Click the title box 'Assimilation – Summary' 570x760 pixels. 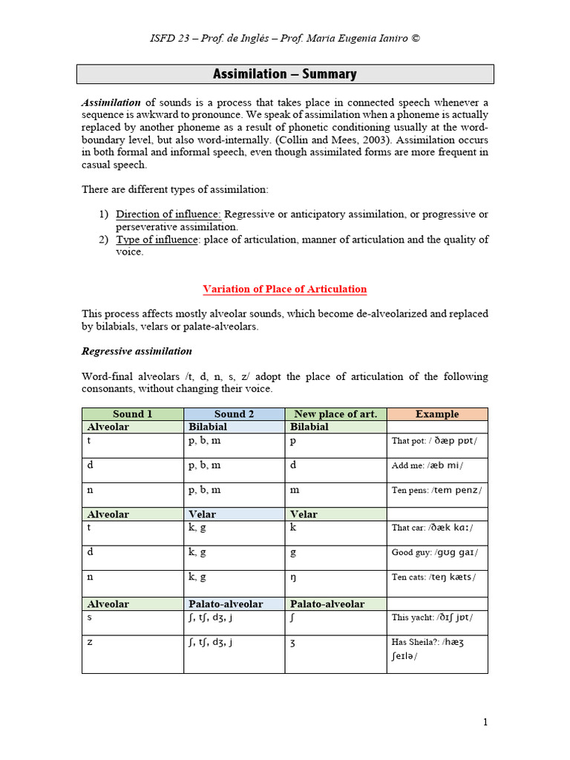click(x=285, y=74)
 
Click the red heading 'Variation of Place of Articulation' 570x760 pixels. click(x=285, y=289)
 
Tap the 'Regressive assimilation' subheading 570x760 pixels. click(x=137, y=351)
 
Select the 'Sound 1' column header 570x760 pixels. click(x=132, y=414)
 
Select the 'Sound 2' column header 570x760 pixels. click(x=234, y=414)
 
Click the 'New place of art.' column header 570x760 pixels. click(x=335, y=414)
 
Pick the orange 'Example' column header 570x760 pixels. click(x=437, y=414)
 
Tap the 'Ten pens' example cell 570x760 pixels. click(x=436, y=490)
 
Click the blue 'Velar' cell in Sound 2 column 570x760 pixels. click(x=234, y=514)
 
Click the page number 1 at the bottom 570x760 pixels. click(x=485, y=723)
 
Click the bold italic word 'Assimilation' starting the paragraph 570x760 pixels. click(x=111, y=102)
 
